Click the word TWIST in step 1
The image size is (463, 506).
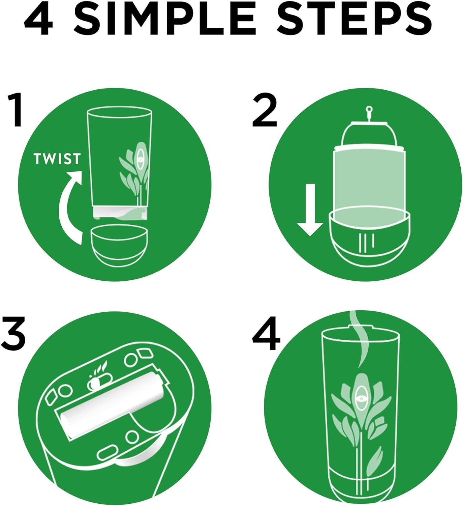coord(57,159)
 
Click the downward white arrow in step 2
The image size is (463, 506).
coord(310,209)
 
